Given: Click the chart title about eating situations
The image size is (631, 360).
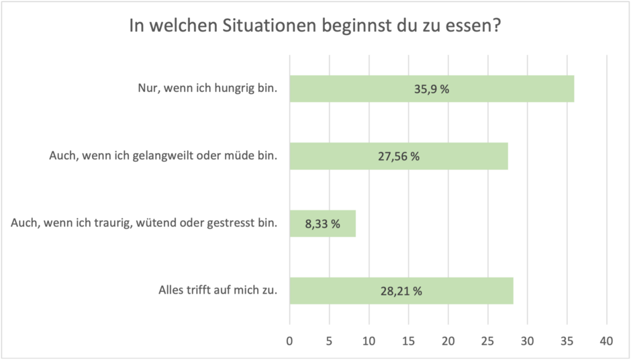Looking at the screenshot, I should point(315,28).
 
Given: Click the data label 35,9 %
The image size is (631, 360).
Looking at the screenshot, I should point(432,89).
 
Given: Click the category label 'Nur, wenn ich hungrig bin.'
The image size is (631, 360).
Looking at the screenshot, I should point(207,88).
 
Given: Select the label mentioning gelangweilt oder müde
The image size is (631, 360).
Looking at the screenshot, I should point(163,156).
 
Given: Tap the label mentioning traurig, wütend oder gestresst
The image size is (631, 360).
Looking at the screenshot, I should point(144,223).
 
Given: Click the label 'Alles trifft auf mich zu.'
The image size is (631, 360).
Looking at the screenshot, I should point(217,291).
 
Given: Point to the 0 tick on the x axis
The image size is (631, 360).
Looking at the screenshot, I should point(290,341).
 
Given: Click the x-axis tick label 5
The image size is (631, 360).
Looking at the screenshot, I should point(330,341).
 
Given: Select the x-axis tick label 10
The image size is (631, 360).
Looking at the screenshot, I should point(369,341).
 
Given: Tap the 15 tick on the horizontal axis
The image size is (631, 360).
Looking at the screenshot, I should point(409,341).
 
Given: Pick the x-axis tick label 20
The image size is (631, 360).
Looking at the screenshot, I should point(448,341).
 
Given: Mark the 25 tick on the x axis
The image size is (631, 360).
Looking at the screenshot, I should point(488,341).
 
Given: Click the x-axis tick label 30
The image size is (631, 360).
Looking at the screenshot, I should point(528,341).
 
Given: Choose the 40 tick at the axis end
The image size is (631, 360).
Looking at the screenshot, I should point(607,341).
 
